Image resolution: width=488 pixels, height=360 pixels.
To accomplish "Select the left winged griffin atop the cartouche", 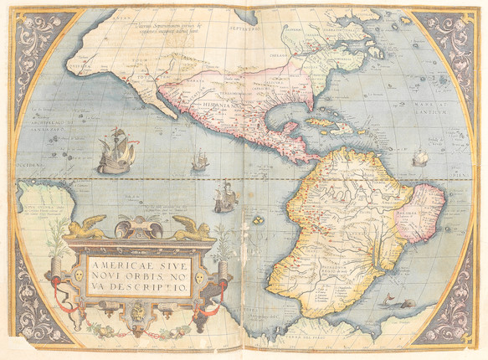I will [x=87, y=227].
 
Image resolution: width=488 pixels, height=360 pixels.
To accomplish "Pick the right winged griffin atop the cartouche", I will [x=191, y=227].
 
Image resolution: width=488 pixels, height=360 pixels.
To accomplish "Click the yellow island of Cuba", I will [x=321, y=122].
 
